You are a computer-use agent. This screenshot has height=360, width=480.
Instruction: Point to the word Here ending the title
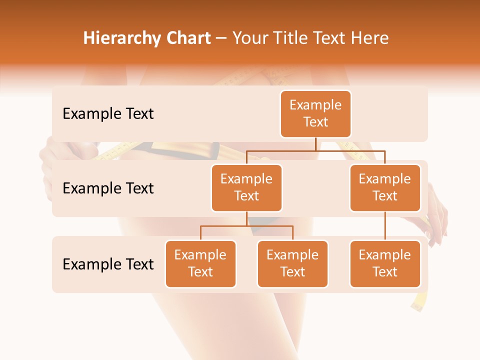click(369, 38)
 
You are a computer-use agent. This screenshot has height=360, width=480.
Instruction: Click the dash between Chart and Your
click(221, 39)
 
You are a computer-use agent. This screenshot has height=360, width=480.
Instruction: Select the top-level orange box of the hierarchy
click(315, 114)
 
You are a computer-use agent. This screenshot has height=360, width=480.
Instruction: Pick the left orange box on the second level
click(246, 188)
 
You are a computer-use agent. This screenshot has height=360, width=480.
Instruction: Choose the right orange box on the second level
click(385, 188)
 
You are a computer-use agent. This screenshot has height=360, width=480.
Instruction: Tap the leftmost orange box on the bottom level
click(200, 264)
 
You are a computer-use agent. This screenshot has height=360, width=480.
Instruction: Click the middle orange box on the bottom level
click(292, 264)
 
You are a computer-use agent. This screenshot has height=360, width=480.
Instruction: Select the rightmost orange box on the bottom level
click(385, 264)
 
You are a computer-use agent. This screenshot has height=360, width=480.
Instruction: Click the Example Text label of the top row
click(108, 114)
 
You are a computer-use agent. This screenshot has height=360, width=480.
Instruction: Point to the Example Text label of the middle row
click(108, 188)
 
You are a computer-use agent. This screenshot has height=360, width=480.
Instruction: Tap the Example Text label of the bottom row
click(108, 264)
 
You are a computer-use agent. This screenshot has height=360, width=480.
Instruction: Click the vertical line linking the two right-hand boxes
click(385, 226)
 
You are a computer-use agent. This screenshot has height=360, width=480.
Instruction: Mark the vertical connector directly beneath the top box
click(315, 144)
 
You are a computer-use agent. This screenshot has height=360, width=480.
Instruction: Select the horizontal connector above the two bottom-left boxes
click(246, 226)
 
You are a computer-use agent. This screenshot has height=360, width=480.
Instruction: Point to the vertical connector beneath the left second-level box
click(246, 218)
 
